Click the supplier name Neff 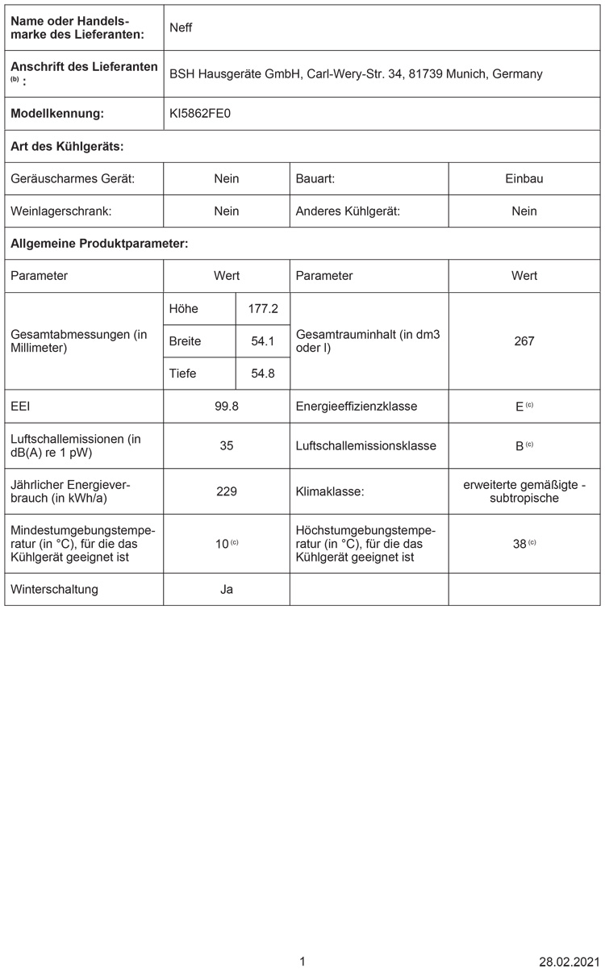181,27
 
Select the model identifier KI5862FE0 200,114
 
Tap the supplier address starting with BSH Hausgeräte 356,73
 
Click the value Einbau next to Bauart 524,178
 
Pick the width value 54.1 263,341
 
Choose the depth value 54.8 263,374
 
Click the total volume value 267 524,341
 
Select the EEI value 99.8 227,407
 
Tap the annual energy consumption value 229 227,491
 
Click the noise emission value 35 227,445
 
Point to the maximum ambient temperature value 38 520,544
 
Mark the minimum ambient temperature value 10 223,544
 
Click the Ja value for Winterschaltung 227,589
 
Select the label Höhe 184,308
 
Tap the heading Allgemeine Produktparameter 99,243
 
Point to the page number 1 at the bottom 302,961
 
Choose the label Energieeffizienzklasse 357,407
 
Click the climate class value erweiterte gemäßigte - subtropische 524,491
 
